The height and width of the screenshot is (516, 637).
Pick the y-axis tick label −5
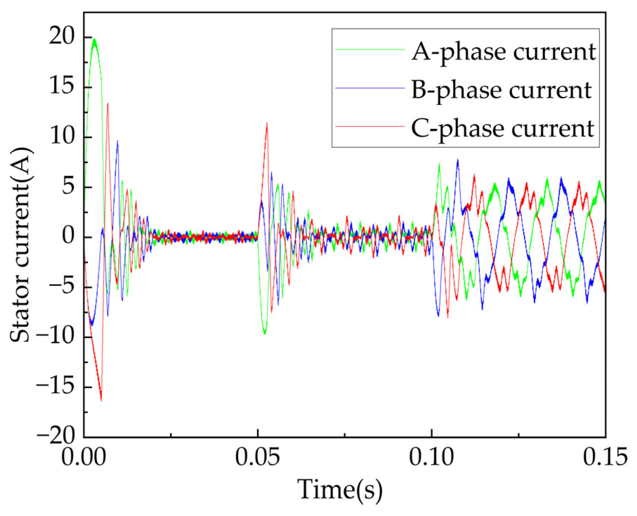click(x=62, y=287)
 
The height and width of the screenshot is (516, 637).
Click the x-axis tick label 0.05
click(x=258, y=457)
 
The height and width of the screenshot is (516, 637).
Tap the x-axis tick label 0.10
click(x=431, y=457)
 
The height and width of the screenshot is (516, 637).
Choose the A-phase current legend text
click(x=503, y=51)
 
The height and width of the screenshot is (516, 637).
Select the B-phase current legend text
click(x=501, y=90)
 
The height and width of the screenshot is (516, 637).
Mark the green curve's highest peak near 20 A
click(x=94, y=39)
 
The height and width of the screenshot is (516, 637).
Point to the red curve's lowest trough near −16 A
click(x=101, y=400)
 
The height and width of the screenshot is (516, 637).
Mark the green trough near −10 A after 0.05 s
click(x=265, y=333)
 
